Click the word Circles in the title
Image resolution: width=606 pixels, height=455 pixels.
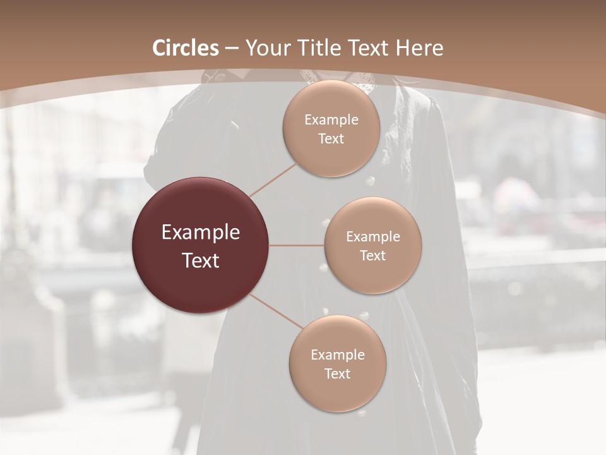click(185, 48)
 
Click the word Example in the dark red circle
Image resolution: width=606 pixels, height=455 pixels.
click(200, 233)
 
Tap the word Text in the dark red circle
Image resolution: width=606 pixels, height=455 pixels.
click(200, 260)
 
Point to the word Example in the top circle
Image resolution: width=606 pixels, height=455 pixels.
click(331, 120)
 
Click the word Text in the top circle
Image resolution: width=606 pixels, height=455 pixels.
click(331, 139)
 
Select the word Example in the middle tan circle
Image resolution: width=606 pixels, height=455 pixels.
click(372, 237)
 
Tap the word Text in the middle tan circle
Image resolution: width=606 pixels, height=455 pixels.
click(372, 256)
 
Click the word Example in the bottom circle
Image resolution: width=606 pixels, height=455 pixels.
click(337, 355)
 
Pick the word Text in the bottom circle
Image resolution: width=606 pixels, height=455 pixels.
click(337, 374)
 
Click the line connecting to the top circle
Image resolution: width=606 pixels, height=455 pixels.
click(273, 179)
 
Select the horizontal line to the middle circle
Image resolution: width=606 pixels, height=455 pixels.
click(297, 245)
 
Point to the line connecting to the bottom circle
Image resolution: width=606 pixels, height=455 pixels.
click(276, 311)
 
